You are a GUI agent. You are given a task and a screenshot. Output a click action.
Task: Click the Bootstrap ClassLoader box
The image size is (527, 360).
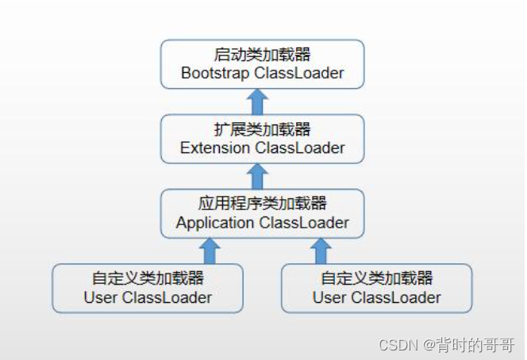pos(262,64)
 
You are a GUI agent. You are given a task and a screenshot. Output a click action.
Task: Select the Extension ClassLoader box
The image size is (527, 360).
pos(262,139)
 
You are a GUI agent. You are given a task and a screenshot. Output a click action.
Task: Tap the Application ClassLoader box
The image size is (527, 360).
pos(262,213)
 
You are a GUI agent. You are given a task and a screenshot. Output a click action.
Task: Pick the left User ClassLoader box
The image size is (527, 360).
pos(148,288)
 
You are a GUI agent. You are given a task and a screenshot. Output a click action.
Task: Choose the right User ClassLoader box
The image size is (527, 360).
pos(376,288)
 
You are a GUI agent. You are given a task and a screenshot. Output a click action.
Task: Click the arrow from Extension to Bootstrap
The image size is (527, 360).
pos(257,101)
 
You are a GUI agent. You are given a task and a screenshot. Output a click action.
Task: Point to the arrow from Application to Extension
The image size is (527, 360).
pos(257,176)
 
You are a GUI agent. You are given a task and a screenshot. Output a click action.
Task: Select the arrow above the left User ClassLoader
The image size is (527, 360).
pos(210,251)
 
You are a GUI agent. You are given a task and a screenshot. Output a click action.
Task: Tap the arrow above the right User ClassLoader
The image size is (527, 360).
pos(320,251)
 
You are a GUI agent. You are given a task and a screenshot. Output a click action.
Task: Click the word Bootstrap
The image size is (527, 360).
pos(213,74)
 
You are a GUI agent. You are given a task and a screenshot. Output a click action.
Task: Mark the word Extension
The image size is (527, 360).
pos(213,148)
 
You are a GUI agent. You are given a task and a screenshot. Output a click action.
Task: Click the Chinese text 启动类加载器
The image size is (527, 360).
pos(262,55)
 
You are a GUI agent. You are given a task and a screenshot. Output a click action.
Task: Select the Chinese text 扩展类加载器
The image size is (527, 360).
pos(262,129)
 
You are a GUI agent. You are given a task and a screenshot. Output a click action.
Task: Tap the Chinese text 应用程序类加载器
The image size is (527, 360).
pos(262,204)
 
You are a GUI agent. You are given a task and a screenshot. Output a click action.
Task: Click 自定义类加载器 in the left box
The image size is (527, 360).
pos(148,278)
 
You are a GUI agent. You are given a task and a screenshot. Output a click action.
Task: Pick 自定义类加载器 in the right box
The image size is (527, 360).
pos(376,278)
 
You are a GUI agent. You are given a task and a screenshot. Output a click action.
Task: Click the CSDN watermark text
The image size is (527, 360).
pos(448,344)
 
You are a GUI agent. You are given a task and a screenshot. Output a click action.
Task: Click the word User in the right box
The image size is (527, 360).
pos(329,298)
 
